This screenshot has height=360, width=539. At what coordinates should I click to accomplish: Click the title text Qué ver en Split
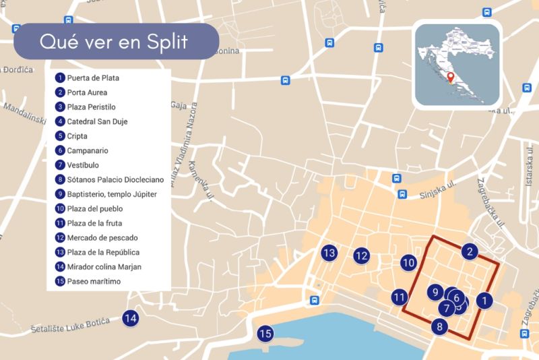pos(113,42)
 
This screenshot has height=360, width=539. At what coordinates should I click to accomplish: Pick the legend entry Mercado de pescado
pos(102,237)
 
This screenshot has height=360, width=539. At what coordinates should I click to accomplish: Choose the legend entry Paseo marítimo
pos(94,281)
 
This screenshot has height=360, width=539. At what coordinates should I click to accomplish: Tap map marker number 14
pos(131,318)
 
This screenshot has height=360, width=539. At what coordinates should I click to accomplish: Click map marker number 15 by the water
pos(265,333)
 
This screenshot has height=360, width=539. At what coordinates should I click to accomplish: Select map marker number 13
pos(329,253)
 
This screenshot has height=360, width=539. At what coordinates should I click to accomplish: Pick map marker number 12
pos(362,256)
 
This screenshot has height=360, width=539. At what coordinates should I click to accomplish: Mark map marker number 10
pos(408,263)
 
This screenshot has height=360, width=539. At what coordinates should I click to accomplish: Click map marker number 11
pos(400,297)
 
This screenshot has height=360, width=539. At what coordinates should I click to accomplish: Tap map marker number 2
pos(470,252)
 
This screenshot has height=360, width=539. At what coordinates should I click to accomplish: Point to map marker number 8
pos(440,328)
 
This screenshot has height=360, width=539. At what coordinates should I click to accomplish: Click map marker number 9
pos(436,292)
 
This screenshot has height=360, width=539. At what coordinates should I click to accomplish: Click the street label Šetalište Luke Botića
pos(71,327)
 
